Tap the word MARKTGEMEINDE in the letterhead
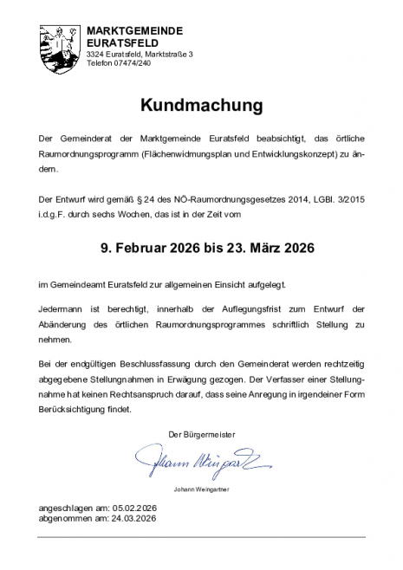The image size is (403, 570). pos(134,30)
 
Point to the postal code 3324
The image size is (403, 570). pos(95,54)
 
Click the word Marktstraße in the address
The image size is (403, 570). pos(166,54)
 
